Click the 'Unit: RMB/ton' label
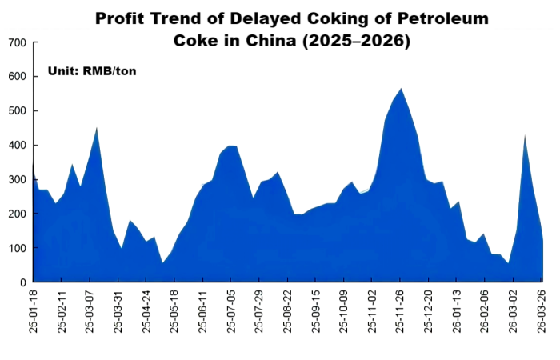click(93, 71)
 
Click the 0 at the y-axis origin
click(23, 282)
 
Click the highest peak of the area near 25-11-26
click(401, 89)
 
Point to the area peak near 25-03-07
click(97, 128)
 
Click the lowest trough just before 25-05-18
click(162, 262)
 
